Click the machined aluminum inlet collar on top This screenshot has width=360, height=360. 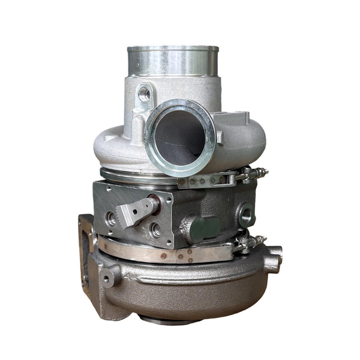[173, 60]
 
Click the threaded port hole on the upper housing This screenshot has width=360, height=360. [145, 93]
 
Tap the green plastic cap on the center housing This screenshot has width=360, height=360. [203, 229]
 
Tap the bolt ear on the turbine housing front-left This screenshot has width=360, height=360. [109, 277]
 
